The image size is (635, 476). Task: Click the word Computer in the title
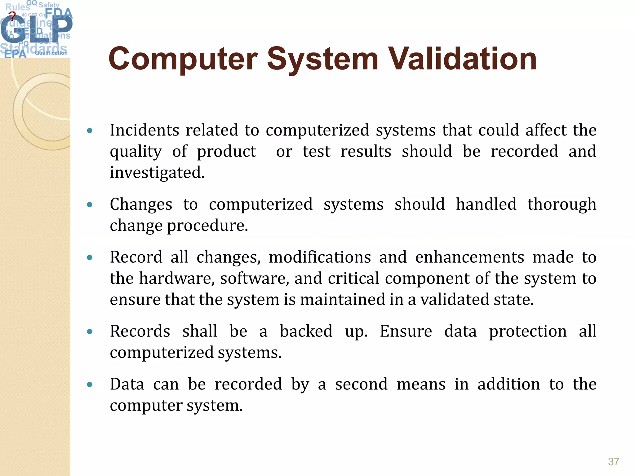point(183,59)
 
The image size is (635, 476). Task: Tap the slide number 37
point(614,461)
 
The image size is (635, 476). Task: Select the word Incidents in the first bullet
point(144,130)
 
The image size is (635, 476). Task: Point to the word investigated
point(157,173)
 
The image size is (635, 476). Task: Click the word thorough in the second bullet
point(562,204)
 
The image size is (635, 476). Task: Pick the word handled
point(486,204)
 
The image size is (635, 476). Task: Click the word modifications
point(320,257)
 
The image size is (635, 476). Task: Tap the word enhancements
point(469,257)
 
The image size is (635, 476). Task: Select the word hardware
point(177,278)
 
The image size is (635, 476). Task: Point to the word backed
point(306,331)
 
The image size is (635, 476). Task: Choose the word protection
point(528,331)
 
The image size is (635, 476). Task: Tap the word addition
point(508,384)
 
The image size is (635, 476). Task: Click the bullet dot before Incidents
point(90,131)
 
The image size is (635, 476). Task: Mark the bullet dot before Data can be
point(90,385)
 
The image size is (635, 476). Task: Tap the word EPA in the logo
point(15,54)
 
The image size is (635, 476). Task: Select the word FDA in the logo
point(59,13)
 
